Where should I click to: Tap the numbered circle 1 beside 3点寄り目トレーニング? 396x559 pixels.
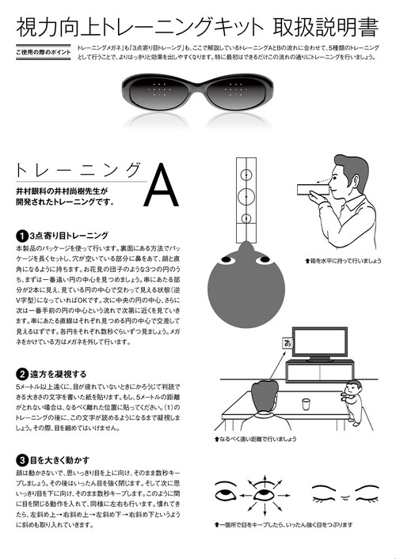[x=21, y=236]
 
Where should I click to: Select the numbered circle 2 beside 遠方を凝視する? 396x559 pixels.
[x=21, y=372]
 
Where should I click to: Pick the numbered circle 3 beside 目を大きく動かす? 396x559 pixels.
[x=21, y=459]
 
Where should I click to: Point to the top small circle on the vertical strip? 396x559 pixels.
[x=245, y=169]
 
